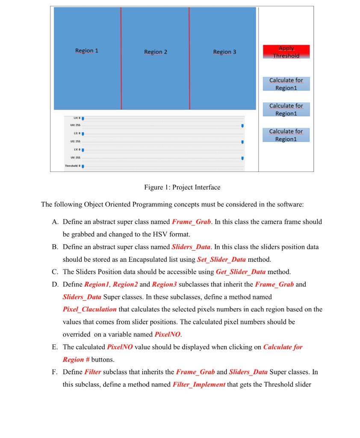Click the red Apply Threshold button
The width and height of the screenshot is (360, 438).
286,52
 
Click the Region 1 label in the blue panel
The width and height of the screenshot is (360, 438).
87,50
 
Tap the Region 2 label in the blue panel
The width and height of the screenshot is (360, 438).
156,52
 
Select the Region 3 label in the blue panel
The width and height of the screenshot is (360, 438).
224,52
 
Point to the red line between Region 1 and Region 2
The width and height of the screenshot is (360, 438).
121,58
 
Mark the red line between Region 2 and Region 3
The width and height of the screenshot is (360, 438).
189,58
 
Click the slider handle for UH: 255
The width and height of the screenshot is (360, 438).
242,126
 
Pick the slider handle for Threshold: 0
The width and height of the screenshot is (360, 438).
83,166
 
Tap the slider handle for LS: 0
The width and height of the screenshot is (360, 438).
83,134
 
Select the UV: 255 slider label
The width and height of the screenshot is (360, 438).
70,158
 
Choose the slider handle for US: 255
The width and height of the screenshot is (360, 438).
242,142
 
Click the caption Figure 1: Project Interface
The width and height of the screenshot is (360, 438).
182,187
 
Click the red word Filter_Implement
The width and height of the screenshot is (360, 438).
199,385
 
